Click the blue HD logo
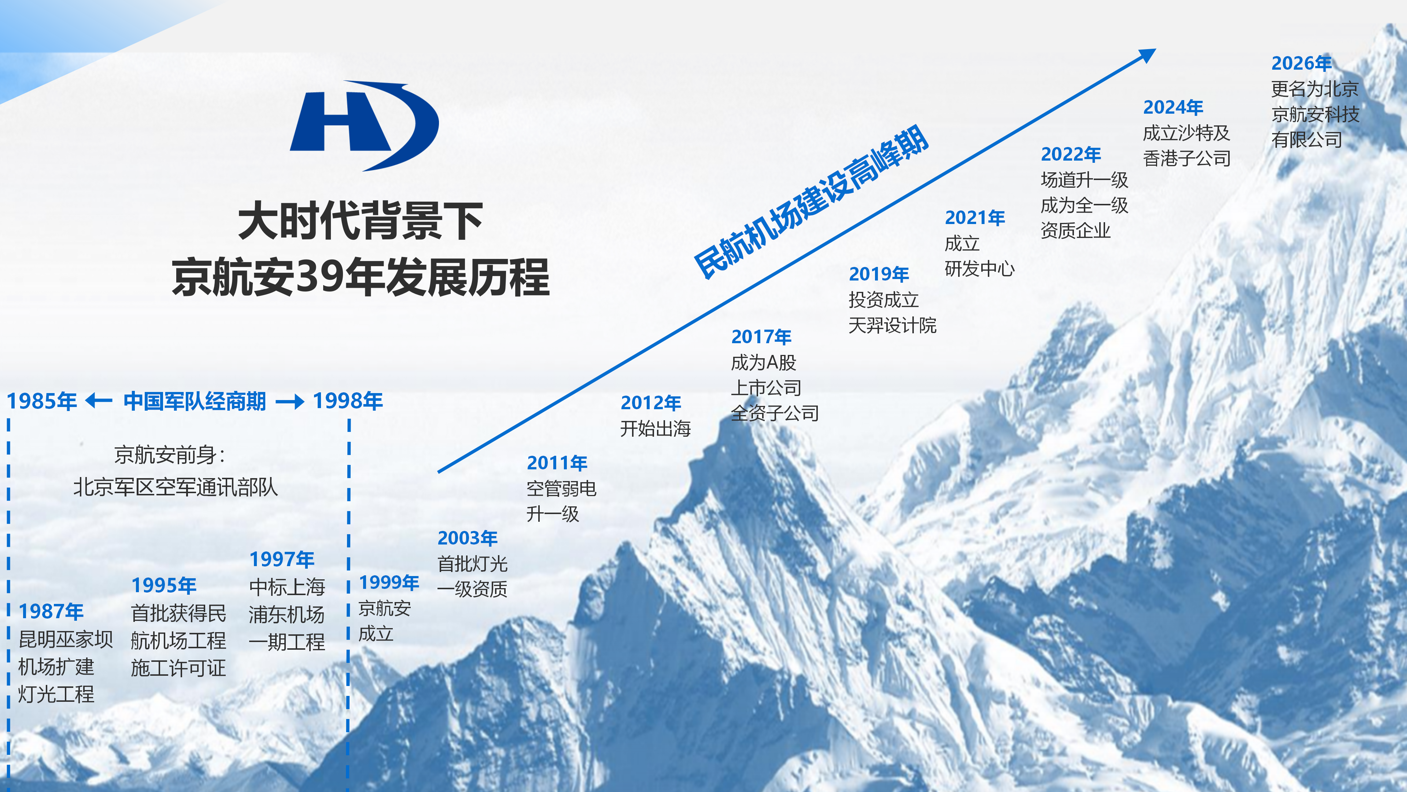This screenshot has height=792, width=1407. coord(364,126)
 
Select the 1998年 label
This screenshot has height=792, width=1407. coord(348,401)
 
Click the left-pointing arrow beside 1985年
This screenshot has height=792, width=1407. coord(99,401)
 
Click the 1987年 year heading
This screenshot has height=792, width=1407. coord(51,612)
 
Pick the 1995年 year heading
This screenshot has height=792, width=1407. coord(164,586)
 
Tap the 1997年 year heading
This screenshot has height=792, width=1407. coord(282,559)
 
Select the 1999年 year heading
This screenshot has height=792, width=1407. coord(389,582)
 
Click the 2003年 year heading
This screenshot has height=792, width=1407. coord(468,538)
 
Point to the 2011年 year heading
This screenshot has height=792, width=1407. coord(557,463)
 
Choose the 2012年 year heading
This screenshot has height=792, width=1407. coord(650,403)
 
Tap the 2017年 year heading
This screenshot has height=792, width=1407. coord(761,337)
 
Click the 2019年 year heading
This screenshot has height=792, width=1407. coord(879,274)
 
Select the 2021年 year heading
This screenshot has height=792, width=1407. coord(975,217)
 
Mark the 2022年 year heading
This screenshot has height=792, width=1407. coord(1071,154)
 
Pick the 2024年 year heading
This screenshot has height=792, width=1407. coord(1173,107)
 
